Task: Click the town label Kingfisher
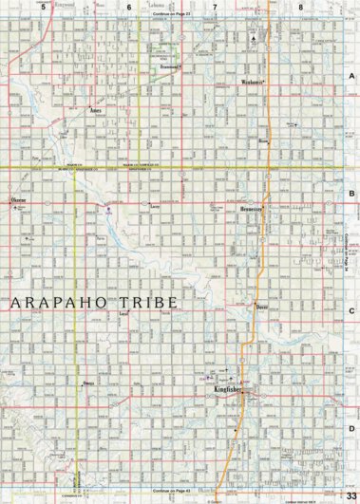(229, 390)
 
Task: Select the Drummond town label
(171, 68)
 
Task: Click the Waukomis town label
(250, 83)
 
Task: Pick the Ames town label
(95, 110)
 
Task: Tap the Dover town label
(263, 308)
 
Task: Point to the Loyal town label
(122, 312)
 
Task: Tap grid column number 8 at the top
(301, 7)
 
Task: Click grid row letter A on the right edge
(351, 76)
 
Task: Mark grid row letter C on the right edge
(351, 309)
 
